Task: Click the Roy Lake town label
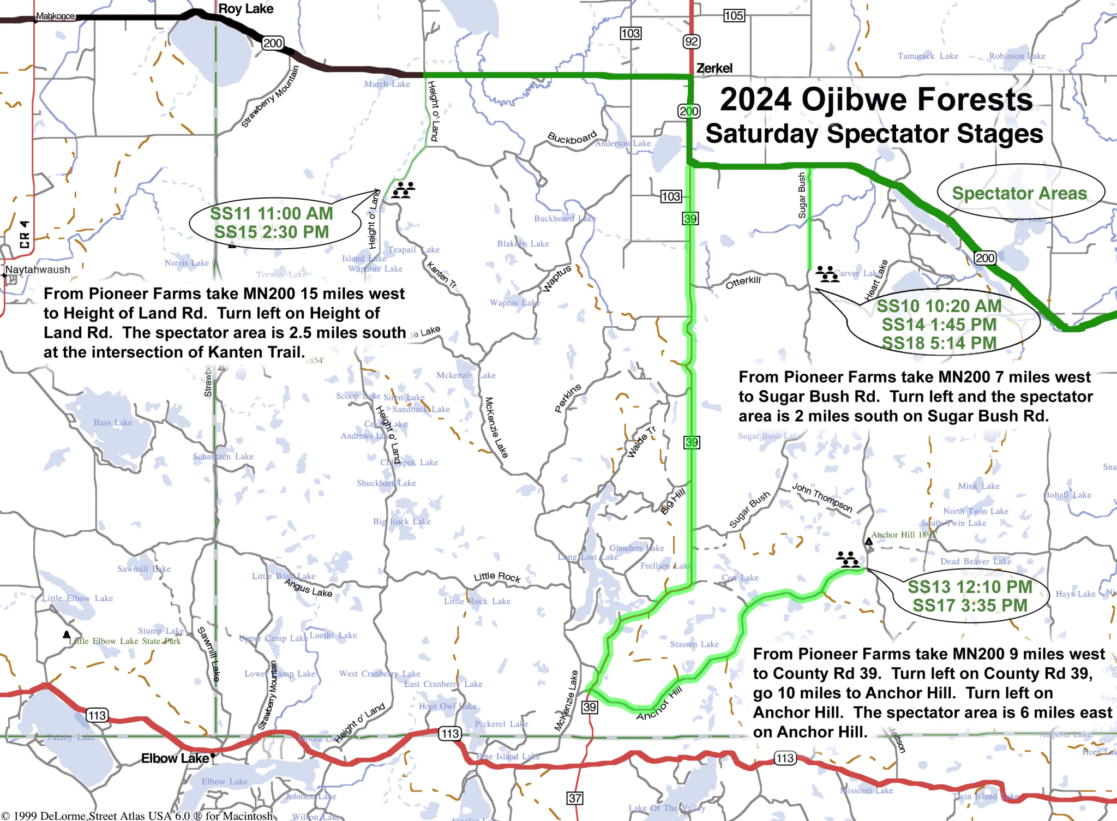[x=245, y=9]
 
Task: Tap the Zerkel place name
[x=714, y=68]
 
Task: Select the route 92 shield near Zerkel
[x=691, y=41]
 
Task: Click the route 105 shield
[x=733, y=15]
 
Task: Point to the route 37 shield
[x=575, y=798]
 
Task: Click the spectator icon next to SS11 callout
[x=404, y=190]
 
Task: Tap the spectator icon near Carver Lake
[x=827, y=273]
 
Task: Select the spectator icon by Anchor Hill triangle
[x=848, y=559]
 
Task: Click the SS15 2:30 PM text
[x=271, y=232]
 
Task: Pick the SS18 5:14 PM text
[x=939, y=343]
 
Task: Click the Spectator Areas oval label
[x=1019, y=193]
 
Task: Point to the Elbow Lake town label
[x=175, y=758]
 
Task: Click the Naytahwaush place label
[x=38, y=269]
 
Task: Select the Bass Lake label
[x=113, y=422]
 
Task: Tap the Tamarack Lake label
[x=927, y=56]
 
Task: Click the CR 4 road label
[x=24, y=234]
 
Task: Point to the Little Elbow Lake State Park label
[x=124, y=641]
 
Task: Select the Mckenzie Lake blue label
[x=466, y=375]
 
